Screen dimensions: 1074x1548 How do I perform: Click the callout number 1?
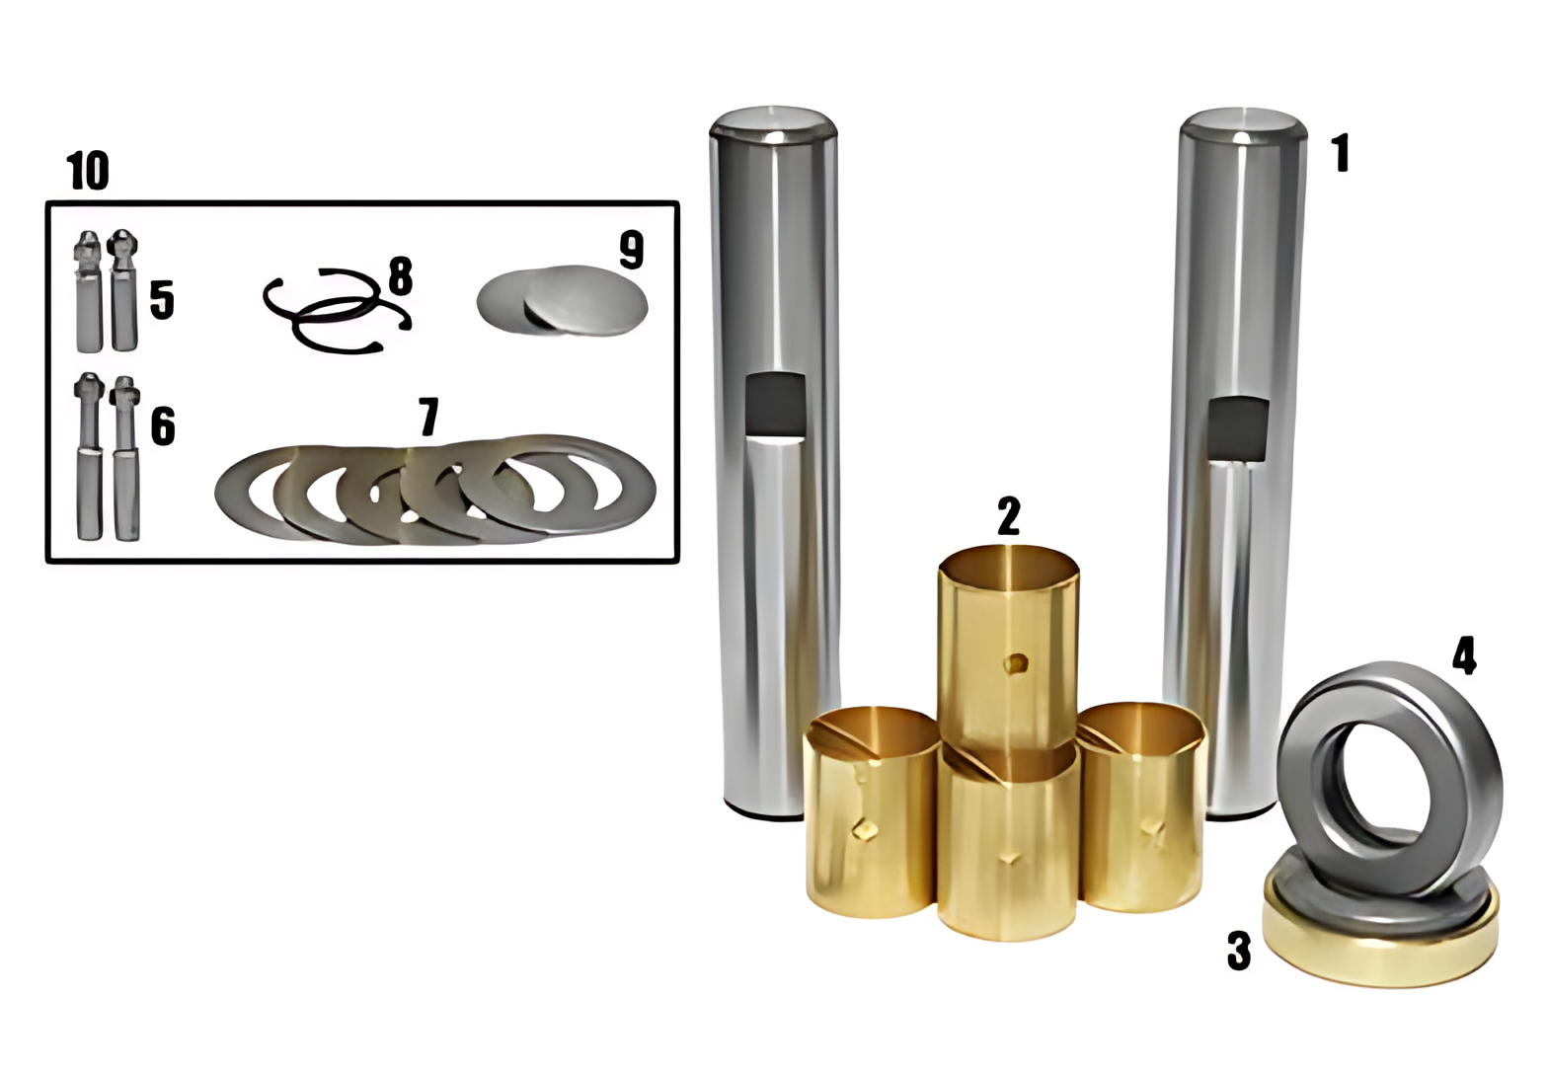pos(1340,154)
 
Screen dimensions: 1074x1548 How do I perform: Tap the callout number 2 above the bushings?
pos(1008,516)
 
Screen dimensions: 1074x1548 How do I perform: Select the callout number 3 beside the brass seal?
pos(1238,950)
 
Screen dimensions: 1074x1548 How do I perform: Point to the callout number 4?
pos(1463,655)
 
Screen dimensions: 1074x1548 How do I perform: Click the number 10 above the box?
pos(88,171)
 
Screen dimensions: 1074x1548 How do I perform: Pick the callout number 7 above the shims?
pos(427,417)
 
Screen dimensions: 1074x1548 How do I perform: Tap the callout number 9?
pos(631,250)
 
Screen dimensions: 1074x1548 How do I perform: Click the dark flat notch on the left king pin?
pos(775,405)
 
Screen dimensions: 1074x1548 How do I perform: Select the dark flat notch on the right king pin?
pos(1238,428)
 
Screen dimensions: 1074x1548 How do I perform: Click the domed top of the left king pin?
pos(773,123)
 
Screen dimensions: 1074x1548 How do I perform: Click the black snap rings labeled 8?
pos(336,309)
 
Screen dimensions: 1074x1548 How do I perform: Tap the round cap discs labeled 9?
pos(563,300)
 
